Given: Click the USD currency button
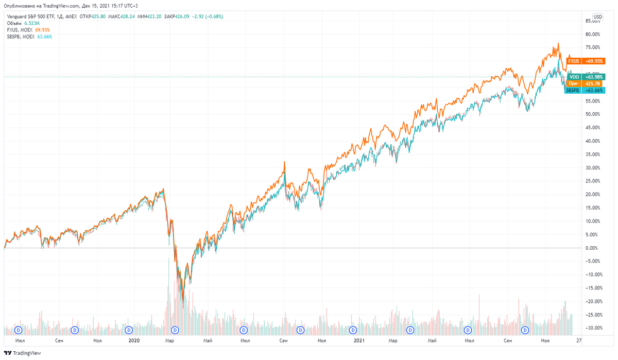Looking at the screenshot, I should tap(597, 16).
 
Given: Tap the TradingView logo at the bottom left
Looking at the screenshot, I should tap(22, 353).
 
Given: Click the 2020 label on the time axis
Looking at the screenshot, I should tap(134, 340).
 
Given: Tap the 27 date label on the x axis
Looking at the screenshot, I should tap(579, 340).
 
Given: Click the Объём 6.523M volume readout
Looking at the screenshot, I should tap(21, 23).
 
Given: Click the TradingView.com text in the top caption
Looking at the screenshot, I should tap(53, 6).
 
